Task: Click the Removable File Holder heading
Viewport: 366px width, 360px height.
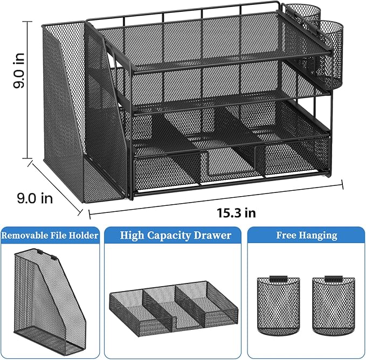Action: coord(50,235)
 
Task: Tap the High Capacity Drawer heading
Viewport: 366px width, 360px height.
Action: coord(175,235)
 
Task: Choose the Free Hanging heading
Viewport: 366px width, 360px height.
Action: coord(306,235)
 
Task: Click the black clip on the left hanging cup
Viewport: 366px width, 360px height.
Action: coord(278,280)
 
